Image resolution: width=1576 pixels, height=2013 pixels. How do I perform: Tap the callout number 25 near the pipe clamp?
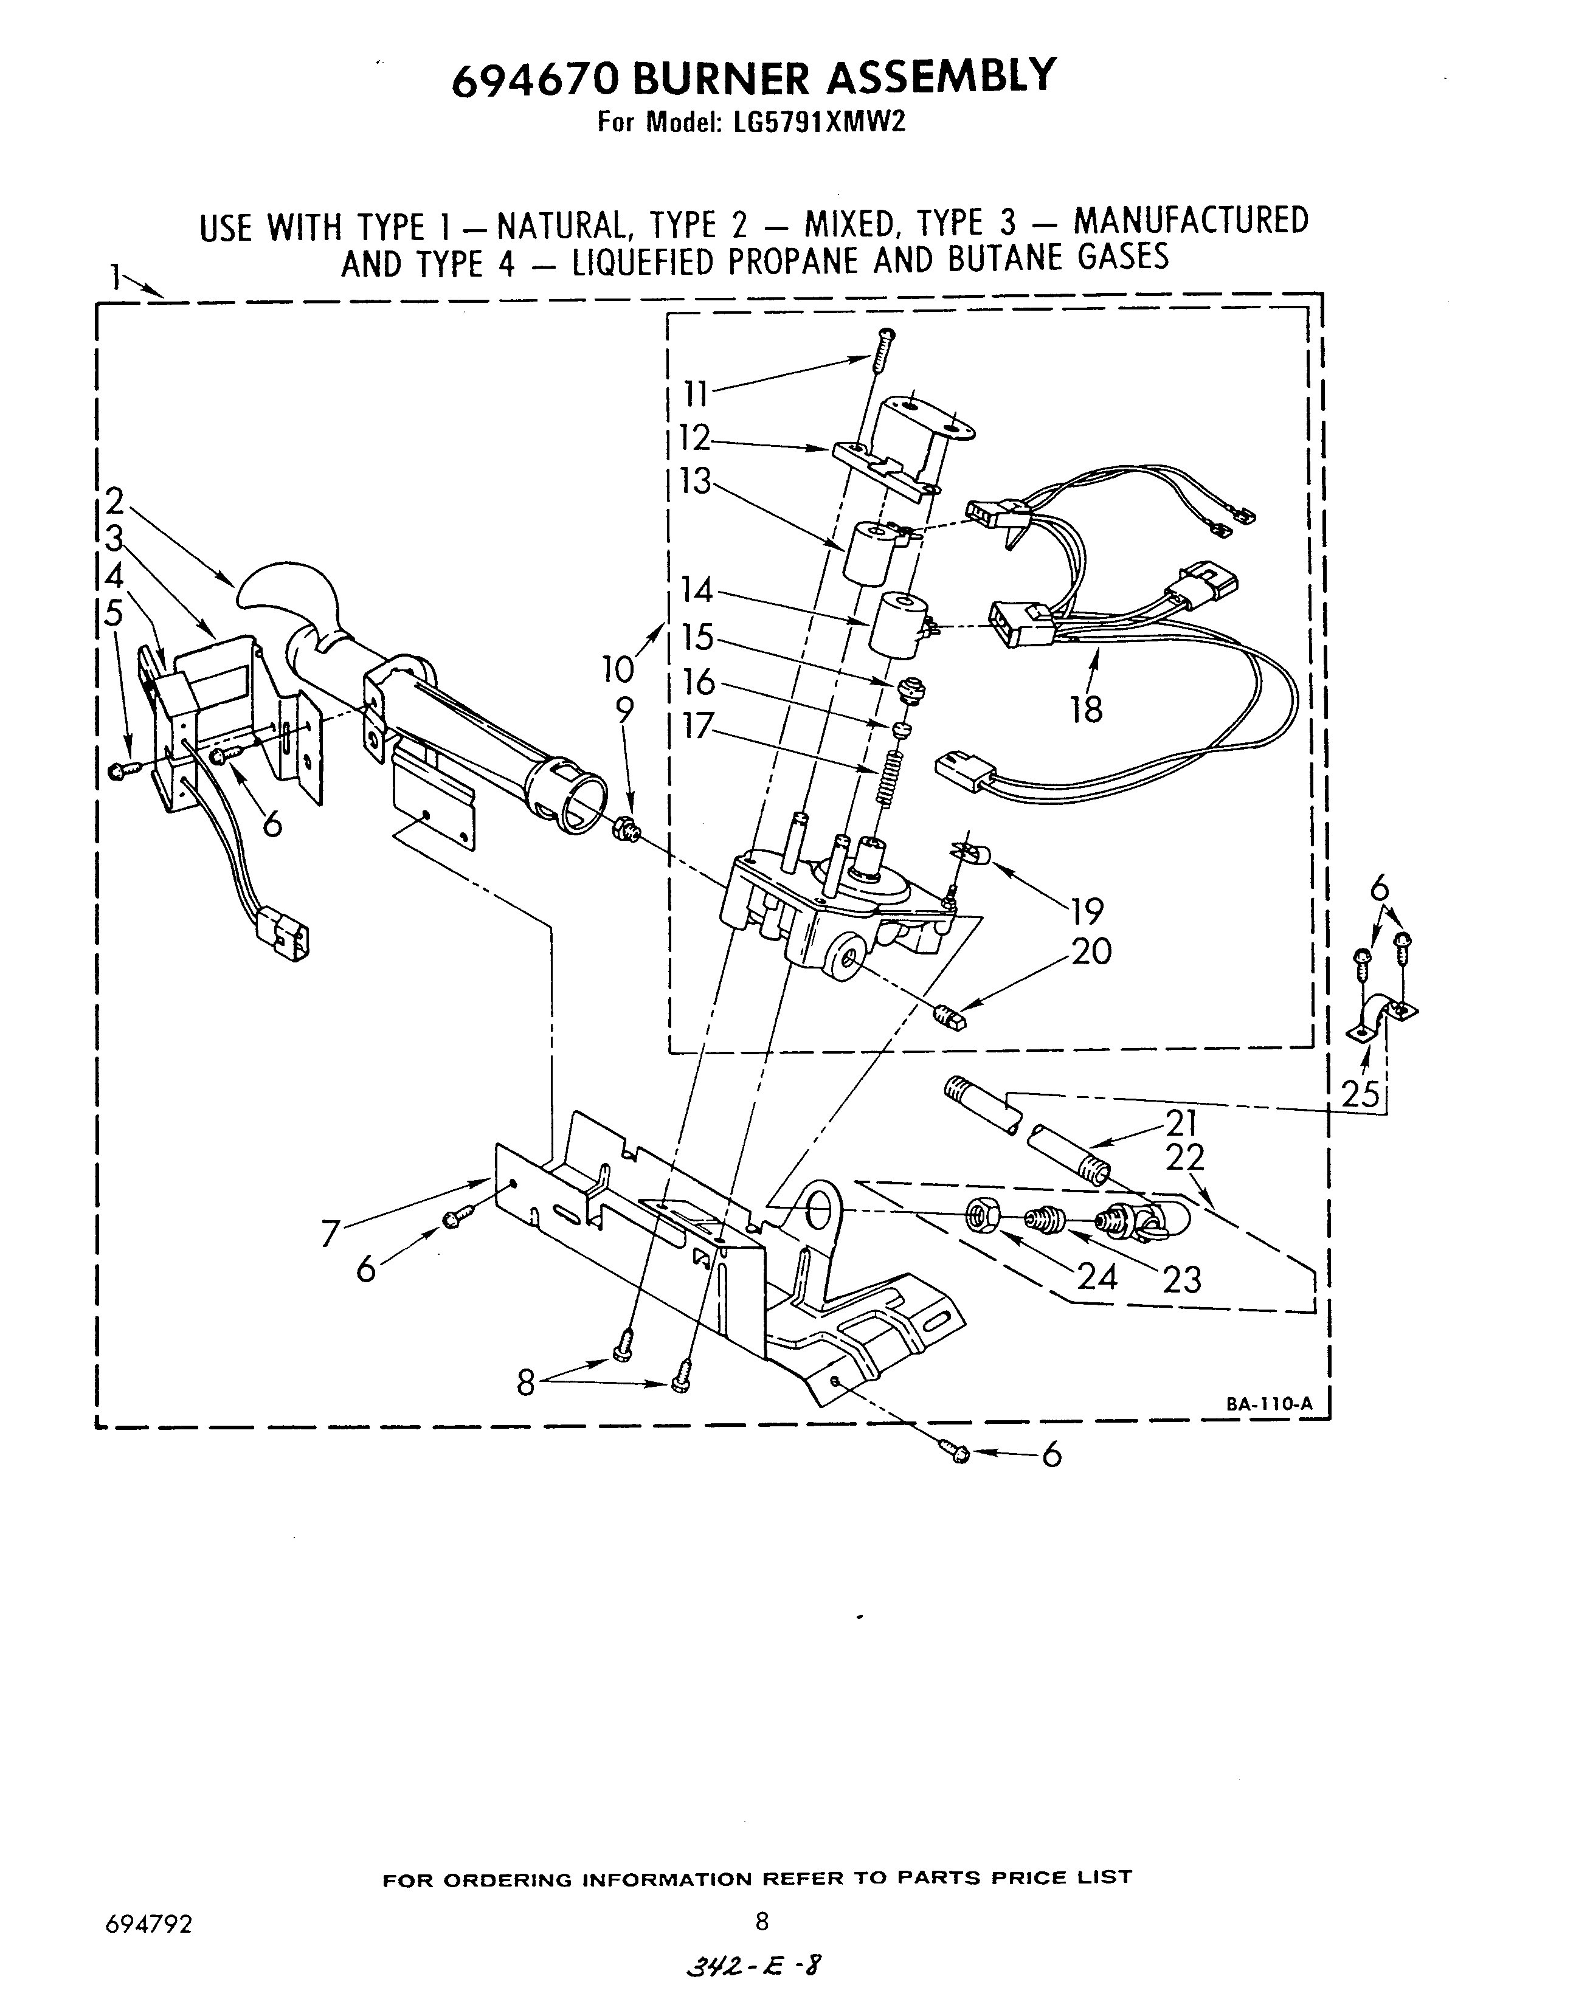[x=1360, y=1094]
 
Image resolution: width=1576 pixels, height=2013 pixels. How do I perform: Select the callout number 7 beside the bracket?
[x=330, y=1234]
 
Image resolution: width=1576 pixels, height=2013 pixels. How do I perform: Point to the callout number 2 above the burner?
[x=114, y=501]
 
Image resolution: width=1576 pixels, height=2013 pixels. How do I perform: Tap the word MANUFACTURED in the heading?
[x=1191, y=221]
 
